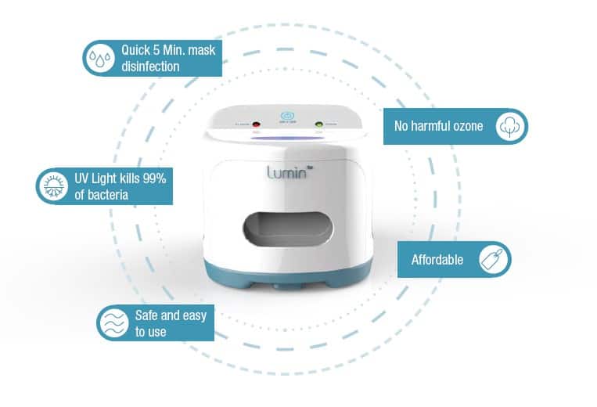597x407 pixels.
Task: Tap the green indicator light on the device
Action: [x=318, y=124]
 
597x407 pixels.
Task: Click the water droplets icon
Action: [x=99, y=59]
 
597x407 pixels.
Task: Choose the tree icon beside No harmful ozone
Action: [x=510, y=127]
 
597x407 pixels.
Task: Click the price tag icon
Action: [x=493, y=259]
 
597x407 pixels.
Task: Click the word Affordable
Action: [x=437, y=260]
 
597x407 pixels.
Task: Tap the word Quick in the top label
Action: [x=136, y=51]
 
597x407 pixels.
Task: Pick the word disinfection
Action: [x=149, y=67]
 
